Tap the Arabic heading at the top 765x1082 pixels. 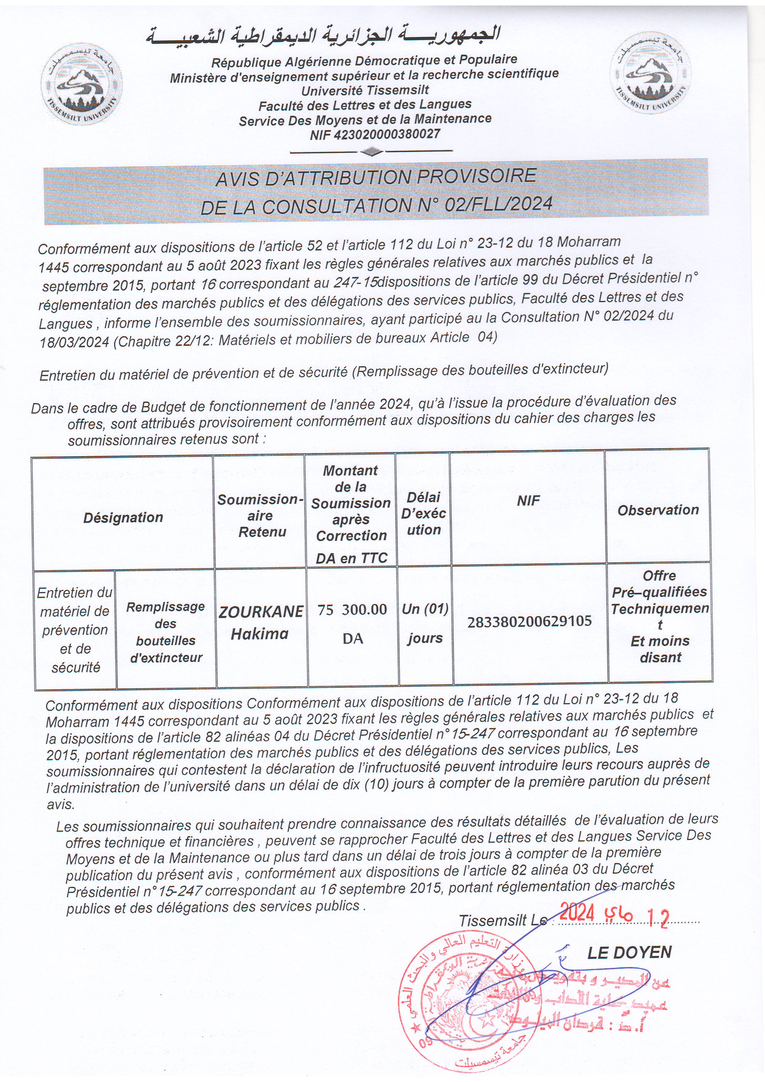323,36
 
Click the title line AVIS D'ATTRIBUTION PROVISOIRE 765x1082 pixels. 376,177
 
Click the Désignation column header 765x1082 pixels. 123,518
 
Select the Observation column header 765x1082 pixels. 658,510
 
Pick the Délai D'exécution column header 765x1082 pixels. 423,513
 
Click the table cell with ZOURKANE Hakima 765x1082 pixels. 261,622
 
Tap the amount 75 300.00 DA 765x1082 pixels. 352,623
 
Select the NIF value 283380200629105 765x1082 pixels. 529,622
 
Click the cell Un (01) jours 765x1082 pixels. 425,623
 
